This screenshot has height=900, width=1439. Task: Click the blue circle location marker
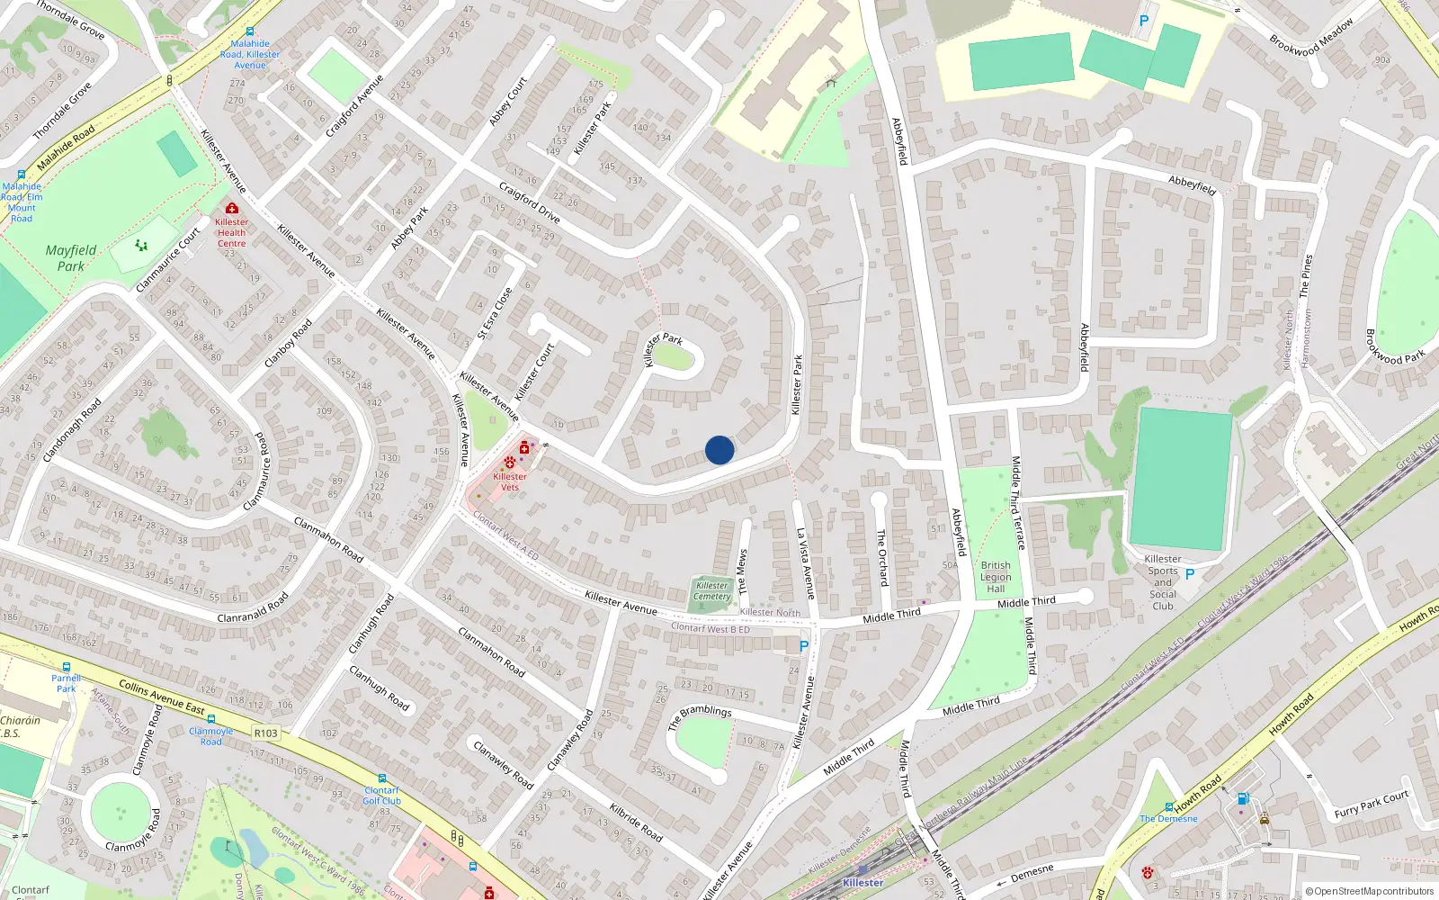[x=719, y=450]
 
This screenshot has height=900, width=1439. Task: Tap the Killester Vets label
[x=510, y=481]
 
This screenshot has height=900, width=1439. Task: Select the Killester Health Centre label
[x=231, y=232]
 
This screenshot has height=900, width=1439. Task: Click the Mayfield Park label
[x=71, y=258]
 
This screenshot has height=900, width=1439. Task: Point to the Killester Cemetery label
[x=712, y=591]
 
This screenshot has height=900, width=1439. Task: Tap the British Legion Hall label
[x=996, y=577]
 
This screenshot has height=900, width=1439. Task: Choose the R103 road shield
[x=266, y=733]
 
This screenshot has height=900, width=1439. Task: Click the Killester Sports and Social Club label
[x=1163, y=582]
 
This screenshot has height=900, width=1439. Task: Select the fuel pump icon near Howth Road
[x=1243, y=798]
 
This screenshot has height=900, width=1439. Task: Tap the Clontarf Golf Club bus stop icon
[x=382, y=779]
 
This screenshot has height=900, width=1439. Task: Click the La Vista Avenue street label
[x=805, y=563]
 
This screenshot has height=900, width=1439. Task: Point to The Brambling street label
[x=701, y=716]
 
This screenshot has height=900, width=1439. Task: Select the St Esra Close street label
[x=495, y=313]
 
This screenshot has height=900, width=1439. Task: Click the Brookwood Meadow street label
[x=1311, y=38]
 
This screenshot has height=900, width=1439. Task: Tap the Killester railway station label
[x=863, y=883]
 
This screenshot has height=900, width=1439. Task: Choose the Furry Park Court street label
[x=1372, y=804]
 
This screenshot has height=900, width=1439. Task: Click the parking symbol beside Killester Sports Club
[x=1190, y=574]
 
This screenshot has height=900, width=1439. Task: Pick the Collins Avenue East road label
[x=162, y=697]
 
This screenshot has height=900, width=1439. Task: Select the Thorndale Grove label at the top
[x=71, y=20]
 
